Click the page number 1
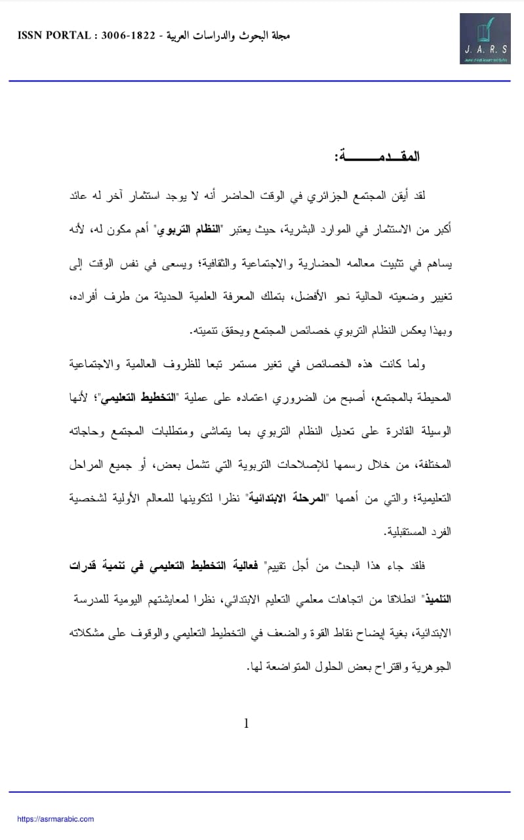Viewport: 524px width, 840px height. pos(247,724)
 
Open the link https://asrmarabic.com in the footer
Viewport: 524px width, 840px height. pos(56,819)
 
